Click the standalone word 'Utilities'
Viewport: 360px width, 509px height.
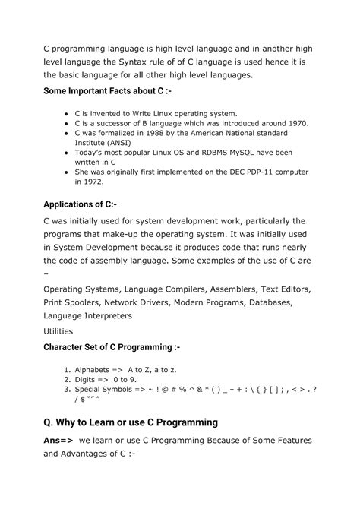tap(59, 331)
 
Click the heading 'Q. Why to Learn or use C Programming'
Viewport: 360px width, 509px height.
tap(131, 422)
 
